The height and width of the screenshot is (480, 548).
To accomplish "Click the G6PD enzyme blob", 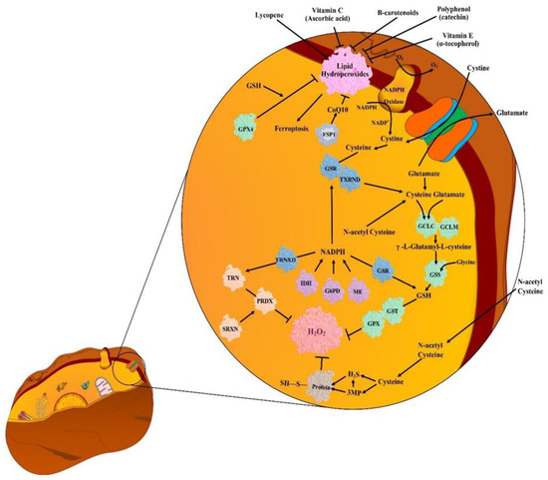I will coord(337,290).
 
